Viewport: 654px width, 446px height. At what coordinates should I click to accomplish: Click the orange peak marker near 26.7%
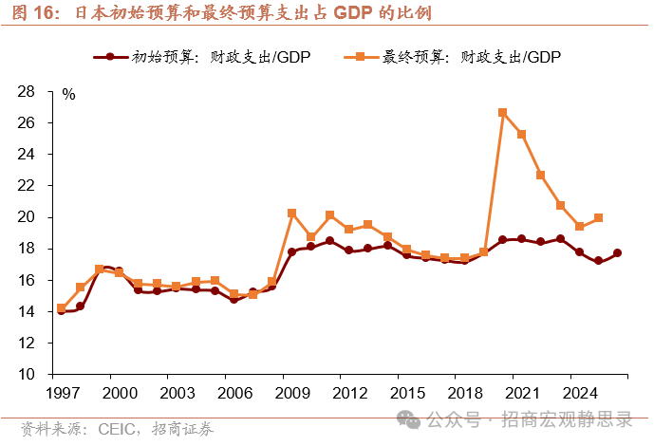click(502, 112)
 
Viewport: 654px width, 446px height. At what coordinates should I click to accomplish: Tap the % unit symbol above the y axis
click(68, 94)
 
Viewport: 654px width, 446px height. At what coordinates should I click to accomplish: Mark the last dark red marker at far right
click(618, 253)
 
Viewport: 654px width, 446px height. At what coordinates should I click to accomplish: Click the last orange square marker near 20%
click(598, 218)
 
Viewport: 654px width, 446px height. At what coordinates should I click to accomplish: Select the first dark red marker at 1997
click(62, 310)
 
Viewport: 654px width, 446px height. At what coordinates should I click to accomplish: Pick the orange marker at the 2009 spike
click(291, 214)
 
